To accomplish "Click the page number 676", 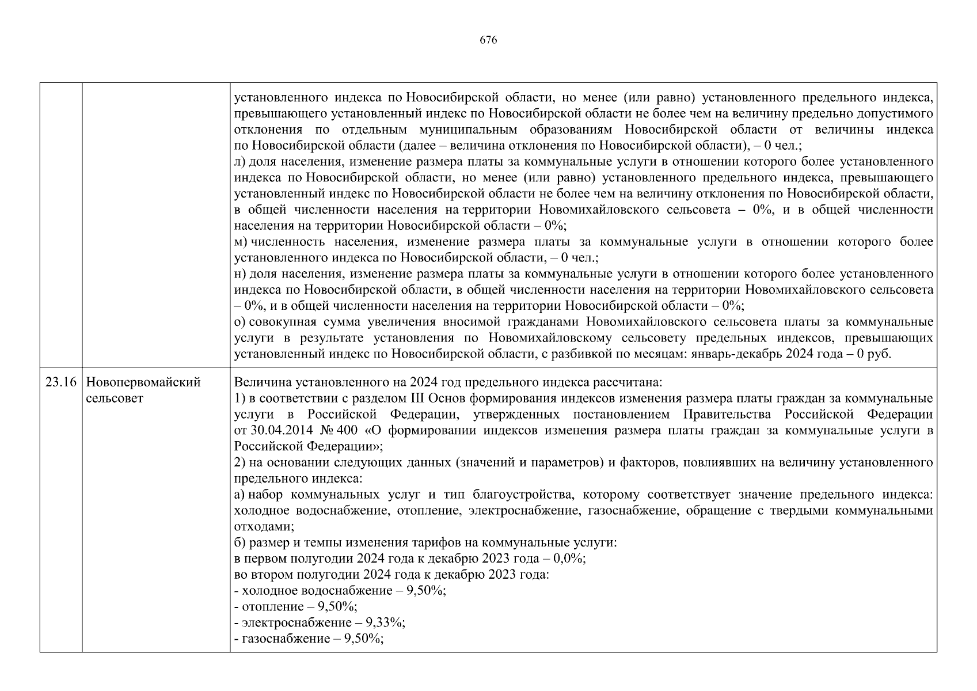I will click(x=488, y=40).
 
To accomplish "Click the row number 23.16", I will click(x=60, y=382).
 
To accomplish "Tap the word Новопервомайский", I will click(x=143, y=382).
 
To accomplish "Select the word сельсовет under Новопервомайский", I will click(x=114, y=398).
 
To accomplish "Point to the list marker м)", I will click(x=241, y=242).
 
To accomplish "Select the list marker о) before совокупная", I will click(x=241, y=321).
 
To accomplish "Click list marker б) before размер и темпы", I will click(x=241, y=542).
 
